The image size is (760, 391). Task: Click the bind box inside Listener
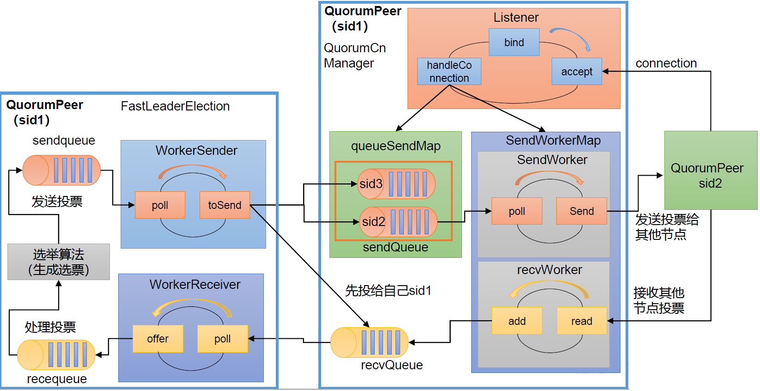(x=514, y=42)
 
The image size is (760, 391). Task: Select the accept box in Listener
(x=577, y=71)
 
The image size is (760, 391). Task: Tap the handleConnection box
(x=449, y=71)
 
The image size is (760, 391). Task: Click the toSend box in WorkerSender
(x=225, y=205)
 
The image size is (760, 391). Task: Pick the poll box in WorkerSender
(x=160, y=205)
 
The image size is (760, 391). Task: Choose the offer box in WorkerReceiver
(x=158, y=339)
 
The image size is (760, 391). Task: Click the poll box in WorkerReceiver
(x=222, y=339)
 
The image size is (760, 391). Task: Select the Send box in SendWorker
(x=581, y=211)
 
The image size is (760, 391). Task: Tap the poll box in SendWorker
(x=517, y=211)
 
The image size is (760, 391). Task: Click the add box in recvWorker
(x=517, y=321)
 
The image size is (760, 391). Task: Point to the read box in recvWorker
(x=581, y=321)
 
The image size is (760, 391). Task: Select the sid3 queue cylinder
(x=396, y=184)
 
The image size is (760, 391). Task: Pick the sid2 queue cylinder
(x=398, y=222)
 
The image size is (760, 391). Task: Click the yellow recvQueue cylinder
(x=370, y=342)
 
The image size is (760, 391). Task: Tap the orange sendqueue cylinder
(x=61, y=170)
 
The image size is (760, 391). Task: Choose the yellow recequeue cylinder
(x=56, y=355)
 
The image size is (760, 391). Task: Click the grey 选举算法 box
(x=59, y=262)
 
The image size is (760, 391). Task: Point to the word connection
(x=666, y=63)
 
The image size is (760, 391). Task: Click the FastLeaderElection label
(x=175, y=106)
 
